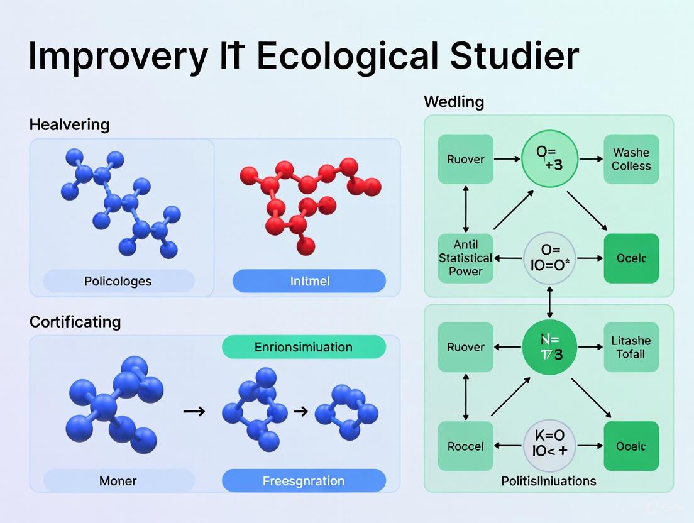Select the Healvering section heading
[69, 124]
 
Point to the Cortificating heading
[75, 321]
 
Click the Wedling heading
[454, 102]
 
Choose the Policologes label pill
[118, 281]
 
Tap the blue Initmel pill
[309, 281]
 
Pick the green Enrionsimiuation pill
[304, 347]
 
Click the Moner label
[118, 481]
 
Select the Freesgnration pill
[304, 481]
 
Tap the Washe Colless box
[631, 159]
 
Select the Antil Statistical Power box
[465, 258]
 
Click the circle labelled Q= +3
[549, 159]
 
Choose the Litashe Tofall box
[631, 347]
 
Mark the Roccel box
[465, 446]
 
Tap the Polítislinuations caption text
[549, 481]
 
